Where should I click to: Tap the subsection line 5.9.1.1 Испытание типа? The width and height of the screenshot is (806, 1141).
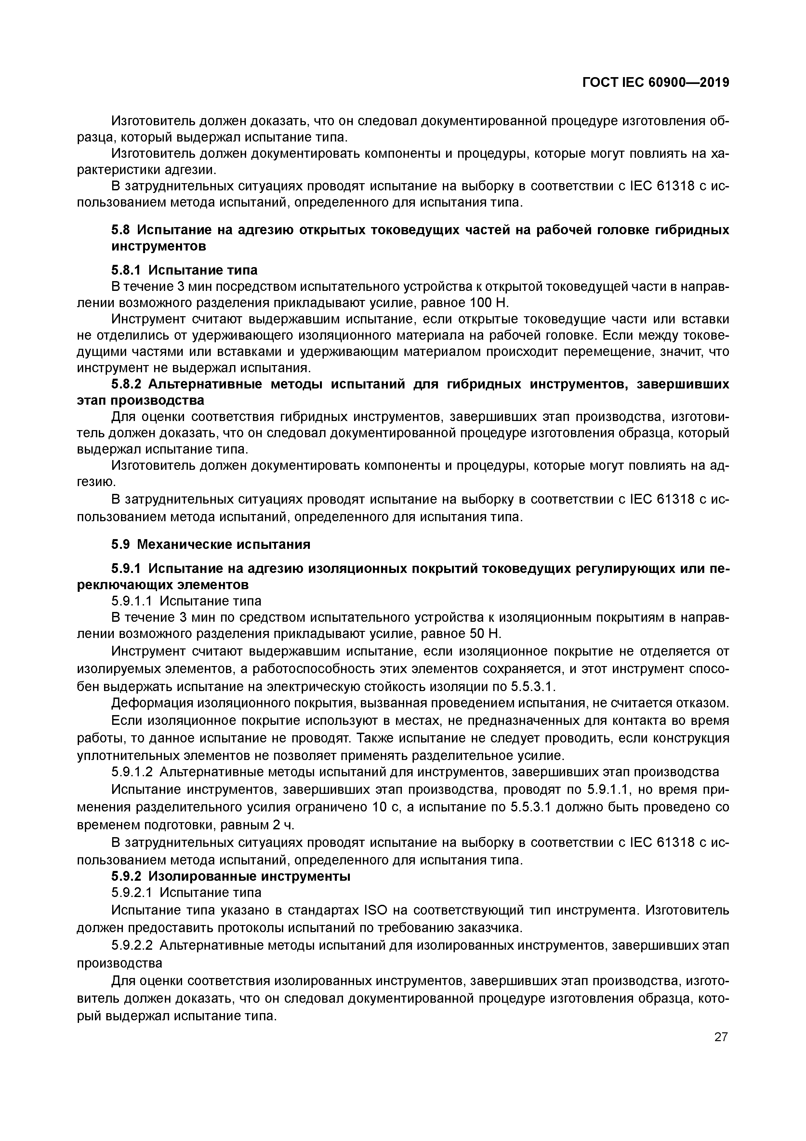(186, 601)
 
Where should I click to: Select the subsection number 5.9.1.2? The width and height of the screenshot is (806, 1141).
(132, 772)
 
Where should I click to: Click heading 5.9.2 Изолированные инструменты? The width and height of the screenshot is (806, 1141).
(231, 876)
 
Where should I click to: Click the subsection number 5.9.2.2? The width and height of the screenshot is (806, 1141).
(132, 945)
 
